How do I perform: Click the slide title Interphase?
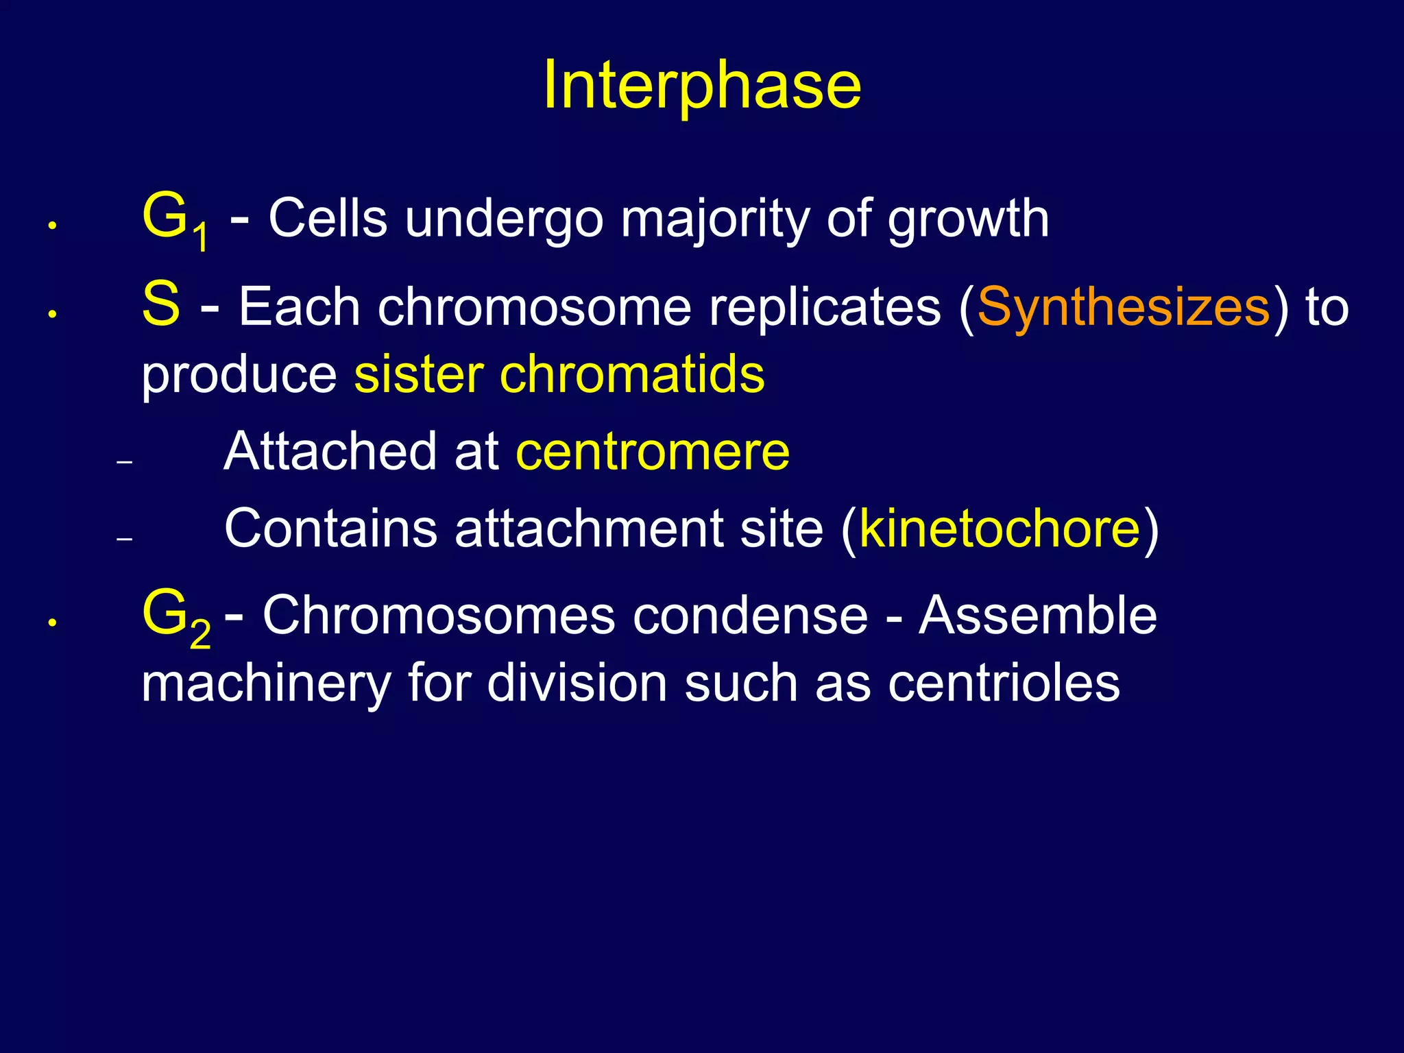702,85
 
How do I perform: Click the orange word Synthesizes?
1124,308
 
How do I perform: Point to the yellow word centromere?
653,452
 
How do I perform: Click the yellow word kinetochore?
1000,529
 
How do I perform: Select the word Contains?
330,529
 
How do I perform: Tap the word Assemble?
1038,616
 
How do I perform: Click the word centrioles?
1004,683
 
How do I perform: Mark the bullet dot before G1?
51,226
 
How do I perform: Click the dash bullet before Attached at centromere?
124,463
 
